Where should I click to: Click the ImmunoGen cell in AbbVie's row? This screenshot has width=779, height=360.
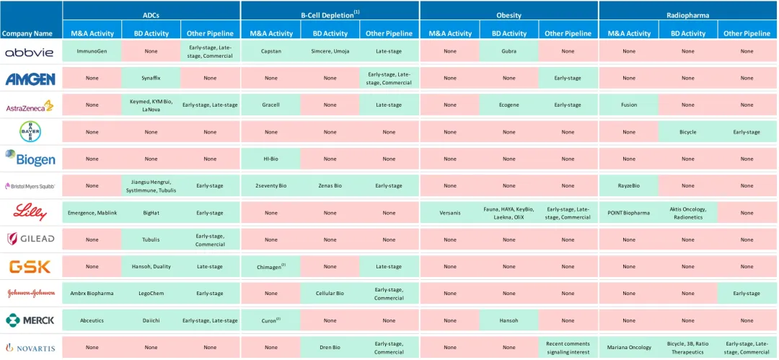point(92,51)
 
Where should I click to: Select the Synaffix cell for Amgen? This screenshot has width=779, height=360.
point(151,78)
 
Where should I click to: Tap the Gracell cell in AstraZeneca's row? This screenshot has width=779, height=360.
point(270,105)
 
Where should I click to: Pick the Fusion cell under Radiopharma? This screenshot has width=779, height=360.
point(628,105)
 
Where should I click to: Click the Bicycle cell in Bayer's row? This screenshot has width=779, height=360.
point(687,132)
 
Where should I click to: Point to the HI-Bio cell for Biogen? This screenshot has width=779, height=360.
point(270,159)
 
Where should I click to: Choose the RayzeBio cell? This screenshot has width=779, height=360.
point(628,185)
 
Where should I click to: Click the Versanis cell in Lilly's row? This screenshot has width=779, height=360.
point(449,213)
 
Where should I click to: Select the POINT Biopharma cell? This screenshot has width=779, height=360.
point(628,213)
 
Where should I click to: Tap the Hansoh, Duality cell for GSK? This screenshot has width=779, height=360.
point(151,266)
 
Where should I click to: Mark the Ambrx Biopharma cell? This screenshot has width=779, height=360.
point(92,294)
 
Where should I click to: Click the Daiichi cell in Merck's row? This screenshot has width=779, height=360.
point(151,320)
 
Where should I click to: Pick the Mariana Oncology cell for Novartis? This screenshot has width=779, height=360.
point(628,348)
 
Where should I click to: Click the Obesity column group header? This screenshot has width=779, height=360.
point(509,14)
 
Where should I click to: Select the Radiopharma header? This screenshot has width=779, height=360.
point(687,14)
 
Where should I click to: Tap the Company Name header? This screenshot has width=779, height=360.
point(27,33)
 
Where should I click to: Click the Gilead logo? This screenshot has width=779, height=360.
point(30,239)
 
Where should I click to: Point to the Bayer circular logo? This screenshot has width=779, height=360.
point(30,132)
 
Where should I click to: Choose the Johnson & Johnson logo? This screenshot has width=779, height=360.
point(30,294)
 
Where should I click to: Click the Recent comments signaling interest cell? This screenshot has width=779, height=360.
point(568,348)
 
